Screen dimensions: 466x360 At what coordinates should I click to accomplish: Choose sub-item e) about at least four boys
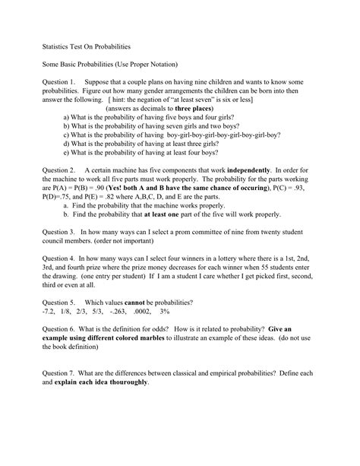[x=145, y=152]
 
